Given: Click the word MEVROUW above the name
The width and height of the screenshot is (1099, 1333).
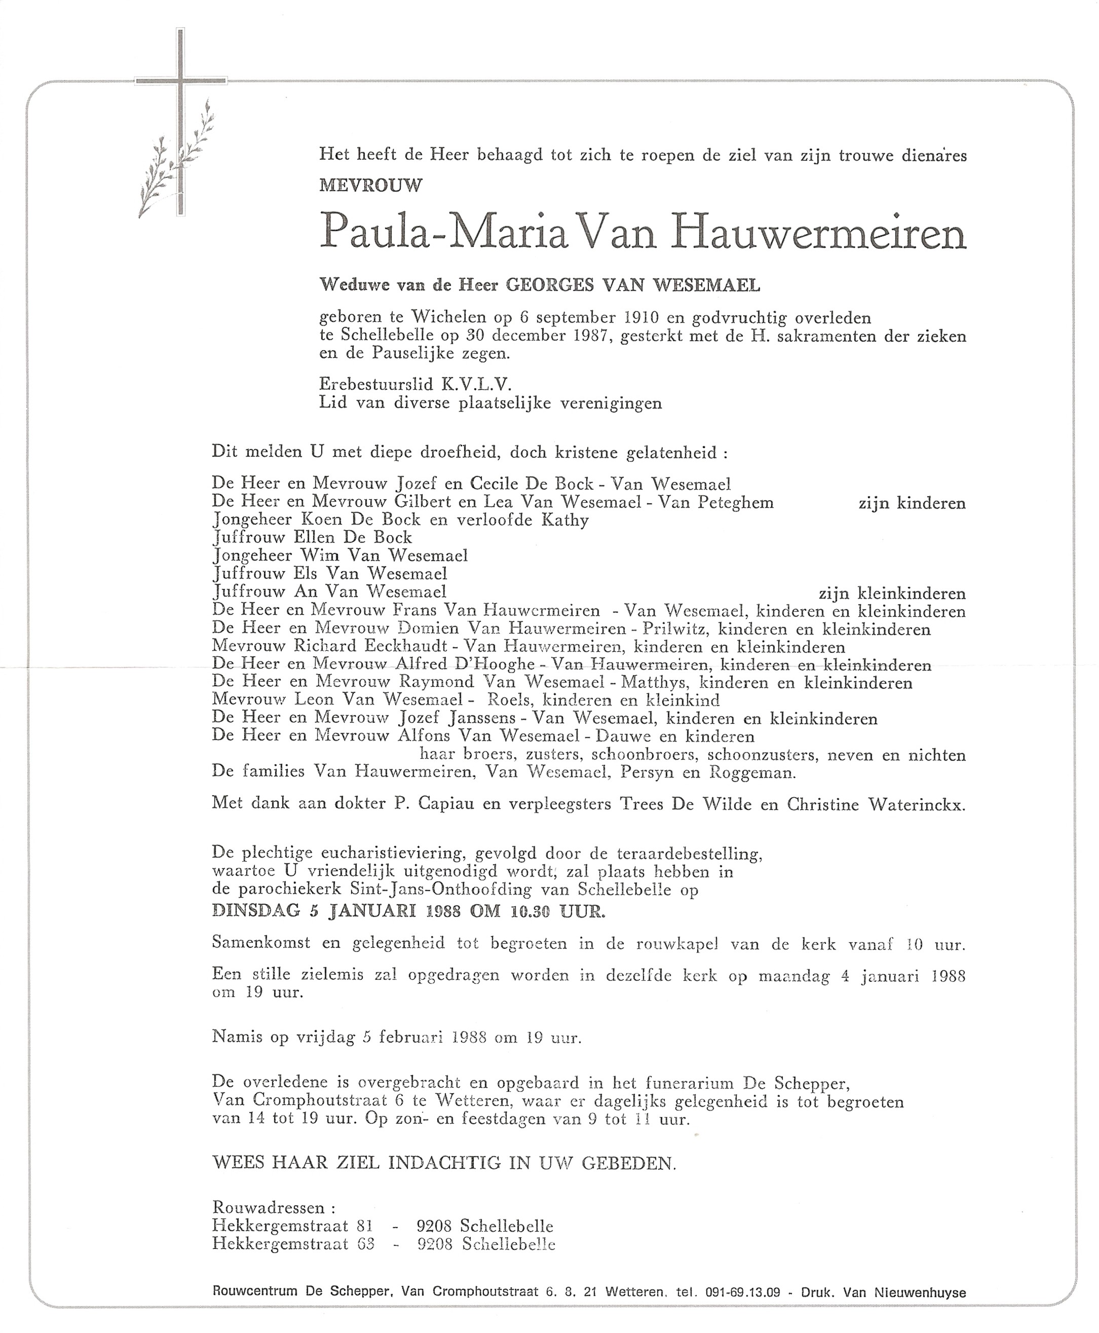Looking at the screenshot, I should pos(371,186).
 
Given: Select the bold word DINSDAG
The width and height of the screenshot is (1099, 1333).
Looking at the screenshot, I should pos(256,911).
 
